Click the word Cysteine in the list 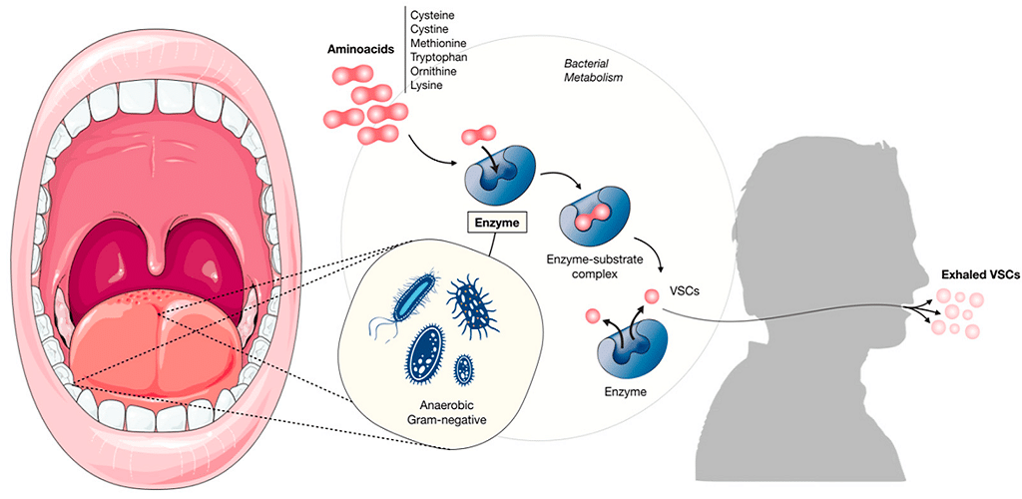[433, 15]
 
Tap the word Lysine [428, 86]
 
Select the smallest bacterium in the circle [464, 369]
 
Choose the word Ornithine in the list [436, 72]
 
